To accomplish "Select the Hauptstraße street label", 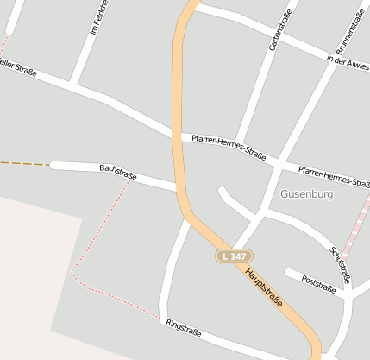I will pyautogui.click(x=264, y=286).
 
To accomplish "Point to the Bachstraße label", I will pyautogui.click(x=118, y=173).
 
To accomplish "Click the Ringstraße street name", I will pyautogui.click(x=183, y=327).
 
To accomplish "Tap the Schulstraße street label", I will pyautogui.click(x=339, y=264).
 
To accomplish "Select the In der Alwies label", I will pyautogui.click(x=348, y=64).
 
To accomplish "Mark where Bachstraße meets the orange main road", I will pyautogui.click(x=179, y=188).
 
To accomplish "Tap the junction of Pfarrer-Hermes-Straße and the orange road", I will pyautogui.click(x=178, y=136).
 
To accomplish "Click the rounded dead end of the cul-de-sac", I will pyautogui.click(x=223, y=192).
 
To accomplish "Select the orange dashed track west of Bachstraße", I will pyautogui.click(x=23, y=163).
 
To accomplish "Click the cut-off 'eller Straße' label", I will pyautogui.click(x=18, y=67).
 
